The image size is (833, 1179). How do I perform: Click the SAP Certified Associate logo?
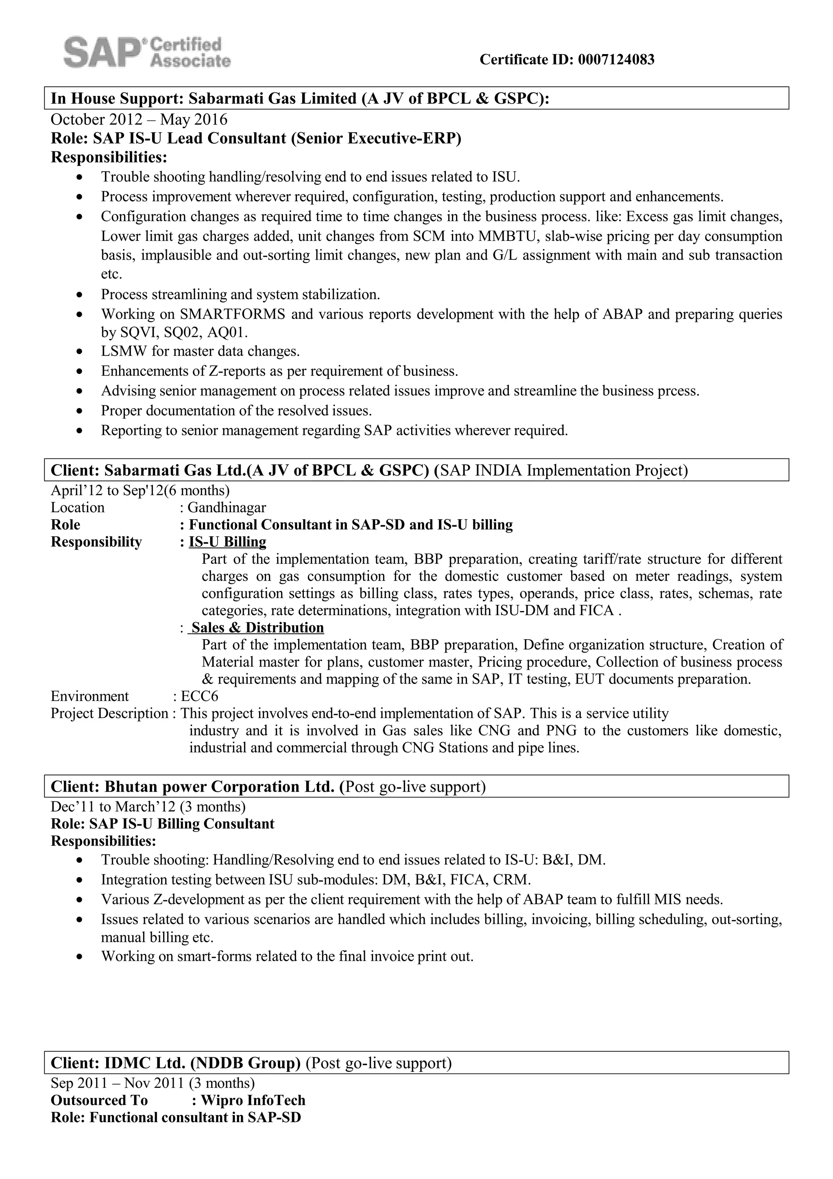coord(147,52)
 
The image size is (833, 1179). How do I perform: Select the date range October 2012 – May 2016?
coord(139,120)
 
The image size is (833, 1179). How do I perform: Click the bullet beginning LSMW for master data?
coord(200,352)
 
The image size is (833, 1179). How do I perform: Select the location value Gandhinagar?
coord(226,508)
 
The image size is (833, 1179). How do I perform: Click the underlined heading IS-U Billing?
coord(227,542)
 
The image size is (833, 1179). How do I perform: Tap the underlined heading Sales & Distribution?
coord(257,627)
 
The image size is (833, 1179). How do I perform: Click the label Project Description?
coord(109,713)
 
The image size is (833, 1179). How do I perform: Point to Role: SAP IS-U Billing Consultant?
coord(162,824)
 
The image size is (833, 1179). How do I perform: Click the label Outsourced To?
coord(99,1100)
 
